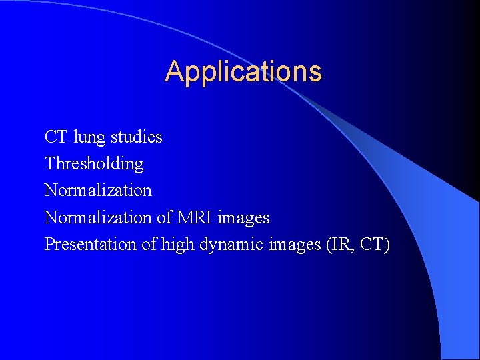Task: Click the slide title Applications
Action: click(243, 72)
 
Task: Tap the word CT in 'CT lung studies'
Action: click(55, 137)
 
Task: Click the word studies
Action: click(136, 137)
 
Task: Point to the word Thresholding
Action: click(94, 164)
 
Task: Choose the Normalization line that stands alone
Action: click(98, 190)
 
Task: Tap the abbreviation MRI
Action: click(194, 217)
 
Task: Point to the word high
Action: click(177, 245)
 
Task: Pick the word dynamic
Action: click(231, 245)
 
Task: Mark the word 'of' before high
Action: click(148, 244)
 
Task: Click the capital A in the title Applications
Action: click(173, 71)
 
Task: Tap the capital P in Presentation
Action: click(49, 244)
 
